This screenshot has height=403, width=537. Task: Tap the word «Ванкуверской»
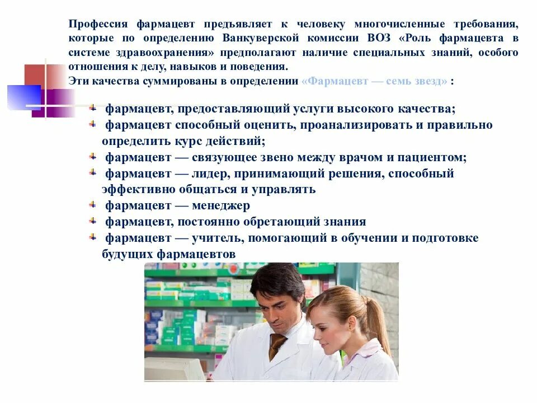(259, 39)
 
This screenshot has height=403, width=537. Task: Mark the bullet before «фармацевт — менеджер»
(93, 205)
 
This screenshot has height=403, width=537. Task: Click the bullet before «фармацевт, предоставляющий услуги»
(93, 107)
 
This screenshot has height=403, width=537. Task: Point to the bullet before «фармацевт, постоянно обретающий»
(93, 221)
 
